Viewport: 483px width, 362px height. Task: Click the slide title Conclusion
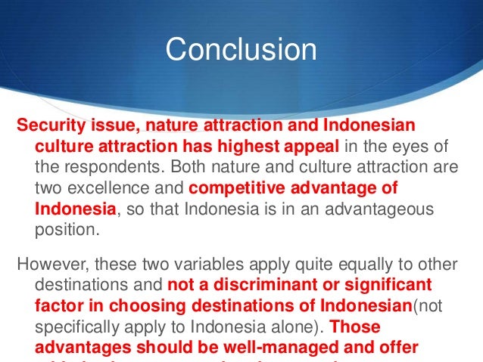(x=241, y=50)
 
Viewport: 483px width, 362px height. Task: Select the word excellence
(x=120, y=187)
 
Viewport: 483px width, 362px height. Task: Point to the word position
(x=67, y=228)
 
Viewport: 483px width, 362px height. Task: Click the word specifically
(x=76, y=327)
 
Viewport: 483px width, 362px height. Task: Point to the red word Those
(x=356, y=327)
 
